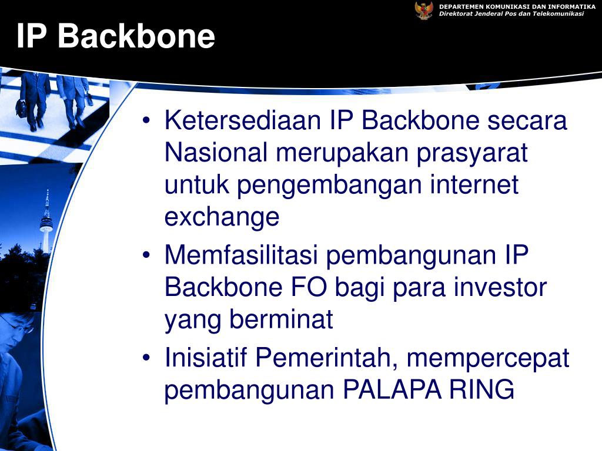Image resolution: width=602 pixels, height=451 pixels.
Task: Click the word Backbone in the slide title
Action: [136, 36]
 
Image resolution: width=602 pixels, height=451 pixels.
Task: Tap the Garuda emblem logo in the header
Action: [424, 10]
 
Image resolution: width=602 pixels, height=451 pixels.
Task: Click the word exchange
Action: [222, 218]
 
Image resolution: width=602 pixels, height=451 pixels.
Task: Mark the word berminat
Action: [281, 320]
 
